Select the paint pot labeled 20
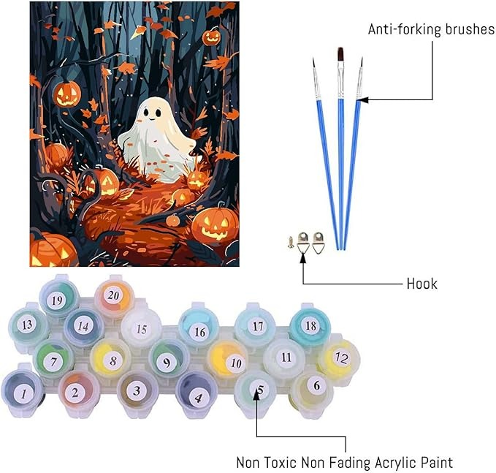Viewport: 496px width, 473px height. pos(112,295)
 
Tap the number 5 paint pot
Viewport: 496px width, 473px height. pos(258,390)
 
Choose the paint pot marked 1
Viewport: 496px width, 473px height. pos(23,393)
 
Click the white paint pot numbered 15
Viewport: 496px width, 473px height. pos(140,330)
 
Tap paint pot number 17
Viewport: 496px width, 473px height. pos(257,326)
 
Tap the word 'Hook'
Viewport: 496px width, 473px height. pos(421,283)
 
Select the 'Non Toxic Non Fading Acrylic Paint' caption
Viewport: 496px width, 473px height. pos(344,462)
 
